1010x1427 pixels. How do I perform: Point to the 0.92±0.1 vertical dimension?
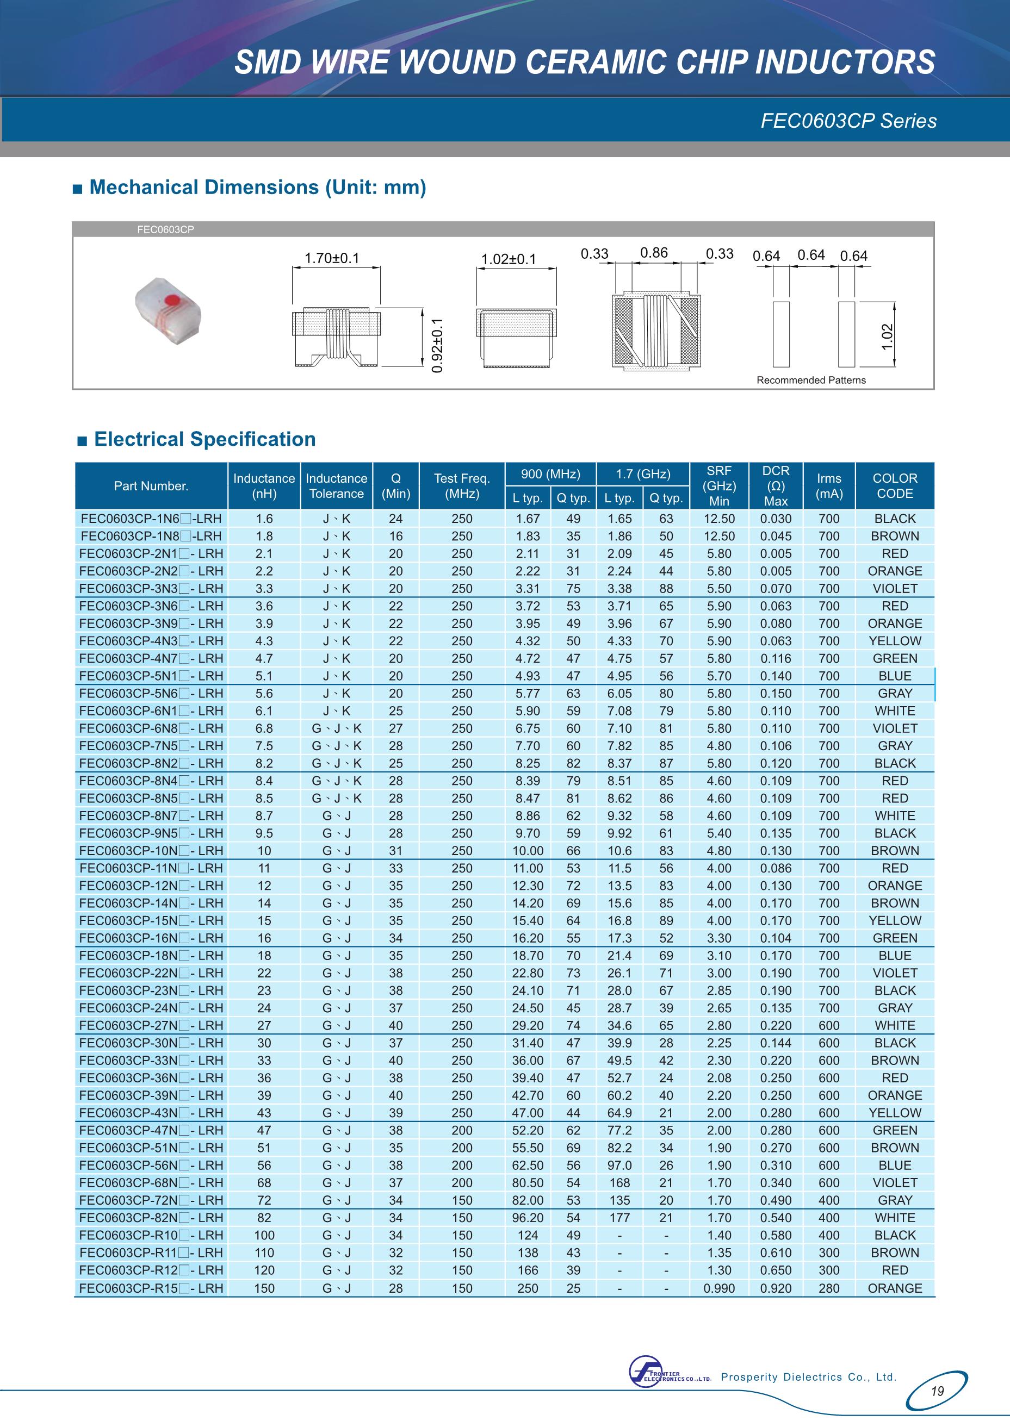(438, 346)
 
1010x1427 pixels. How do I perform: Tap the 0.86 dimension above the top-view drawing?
(654, 252)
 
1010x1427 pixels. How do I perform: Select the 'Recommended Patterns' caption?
(811, 380)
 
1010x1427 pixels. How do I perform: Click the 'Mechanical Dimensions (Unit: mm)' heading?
(257, 187)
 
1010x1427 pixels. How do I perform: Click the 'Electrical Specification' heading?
(205, 439)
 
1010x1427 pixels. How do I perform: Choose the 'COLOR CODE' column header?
(894, 485)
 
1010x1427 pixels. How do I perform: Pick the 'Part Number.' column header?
(151, 486)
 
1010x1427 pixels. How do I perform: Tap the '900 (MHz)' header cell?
(550, 474)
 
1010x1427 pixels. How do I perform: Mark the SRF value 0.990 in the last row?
(719, 1288)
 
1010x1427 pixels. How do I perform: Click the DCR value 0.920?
(776, 1288)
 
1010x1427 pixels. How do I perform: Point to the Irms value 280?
(828, 1288)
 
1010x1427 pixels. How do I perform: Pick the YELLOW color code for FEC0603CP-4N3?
(894, 641)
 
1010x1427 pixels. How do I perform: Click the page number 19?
(937, 1391)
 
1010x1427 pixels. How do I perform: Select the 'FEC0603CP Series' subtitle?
(848, 121)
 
